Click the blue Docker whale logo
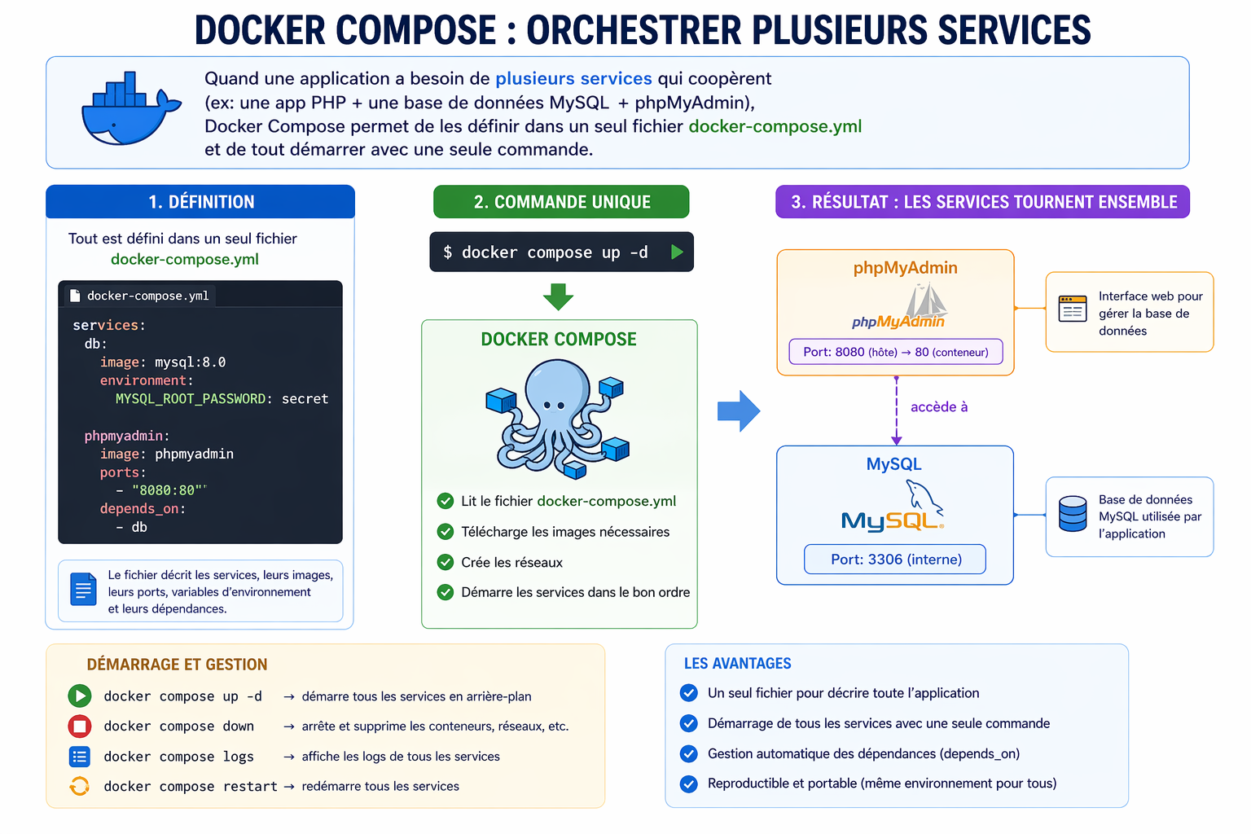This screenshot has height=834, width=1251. pos(129,110)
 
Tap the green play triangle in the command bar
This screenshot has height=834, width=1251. pos(676,252)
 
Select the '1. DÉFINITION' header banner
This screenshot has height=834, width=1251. pos(200,202)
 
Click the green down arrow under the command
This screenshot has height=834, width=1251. pos(558,296)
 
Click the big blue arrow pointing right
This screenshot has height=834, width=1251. pos(738,410)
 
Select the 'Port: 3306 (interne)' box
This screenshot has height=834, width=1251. pos(895,560)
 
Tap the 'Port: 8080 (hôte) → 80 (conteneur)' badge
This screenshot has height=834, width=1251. pos(895,352)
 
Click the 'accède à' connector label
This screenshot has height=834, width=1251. pos(938,407)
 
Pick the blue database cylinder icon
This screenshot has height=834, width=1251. pos(1072,514)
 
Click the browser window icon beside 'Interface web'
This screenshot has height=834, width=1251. pos(1072,309)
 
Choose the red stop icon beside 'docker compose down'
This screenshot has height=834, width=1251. pos(79,726)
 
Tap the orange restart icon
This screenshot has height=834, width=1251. pos(79,786)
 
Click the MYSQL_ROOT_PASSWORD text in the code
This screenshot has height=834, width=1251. pos(191,399)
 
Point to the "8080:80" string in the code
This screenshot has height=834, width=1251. pos(167,490)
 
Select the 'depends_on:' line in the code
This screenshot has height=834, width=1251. pos(143,509)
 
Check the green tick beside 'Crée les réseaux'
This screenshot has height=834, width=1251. pos(446,562)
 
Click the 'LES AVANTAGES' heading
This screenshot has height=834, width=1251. pos(737,664)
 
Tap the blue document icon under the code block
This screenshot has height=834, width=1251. pos(83,590)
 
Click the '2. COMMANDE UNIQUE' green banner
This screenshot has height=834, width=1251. pos(561,202)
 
